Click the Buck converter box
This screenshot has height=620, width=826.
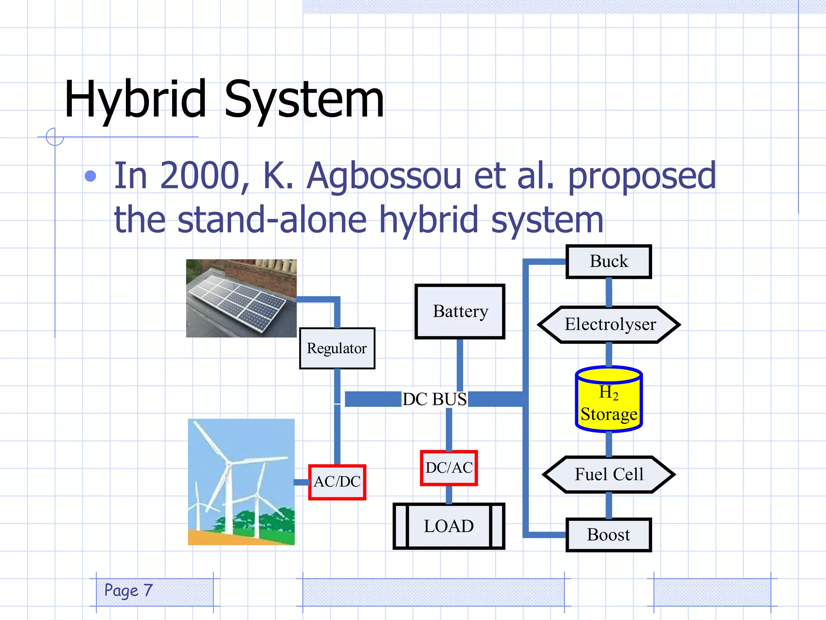click(x=609, y=261)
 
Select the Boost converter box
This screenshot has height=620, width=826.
click(x=609, y=534)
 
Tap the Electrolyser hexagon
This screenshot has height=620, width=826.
click(x=609, y=325)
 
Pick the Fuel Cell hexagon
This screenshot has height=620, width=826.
click(x=609, y=474)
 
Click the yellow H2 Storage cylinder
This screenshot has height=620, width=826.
click(x=609, y=400)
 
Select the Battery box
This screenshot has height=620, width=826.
click(x=460, y=311)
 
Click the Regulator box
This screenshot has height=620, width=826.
click(x=337, y=348)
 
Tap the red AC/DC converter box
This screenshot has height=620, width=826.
click(x=337, y=482)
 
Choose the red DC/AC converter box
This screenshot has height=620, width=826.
click(x=449, y=468)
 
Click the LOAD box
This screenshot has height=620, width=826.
click(x=449, y=526)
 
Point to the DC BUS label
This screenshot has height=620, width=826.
click(x=434, y=399)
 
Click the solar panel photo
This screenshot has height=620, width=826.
click(x=241, y=298)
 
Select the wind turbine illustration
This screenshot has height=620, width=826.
click(x=241, y=482)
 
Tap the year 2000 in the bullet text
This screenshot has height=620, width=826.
click(x=200, y=176)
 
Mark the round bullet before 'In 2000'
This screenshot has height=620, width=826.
click(x=91, y=176)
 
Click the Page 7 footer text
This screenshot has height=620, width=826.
click(x=128, y=591)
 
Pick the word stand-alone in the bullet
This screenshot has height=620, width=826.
click(x=272, y=220)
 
